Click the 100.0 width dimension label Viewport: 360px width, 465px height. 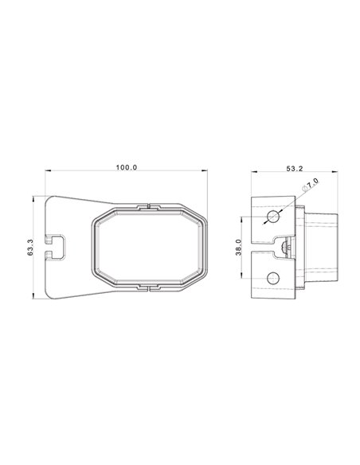tap(127, 167)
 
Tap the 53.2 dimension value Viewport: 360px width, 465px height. tap(294, 168)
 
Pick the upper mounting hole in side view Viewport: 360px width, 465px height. tap(274, 217)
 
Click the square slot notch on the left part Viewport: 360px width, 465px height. tap(57, 246)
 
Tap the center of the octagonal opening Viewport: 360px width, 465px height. tap(149, 246)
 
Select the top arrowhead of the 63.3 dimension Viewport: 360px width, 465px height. tap(34, 196)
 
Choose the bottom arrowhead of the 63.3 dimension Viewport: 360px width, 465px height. tap(34, 296)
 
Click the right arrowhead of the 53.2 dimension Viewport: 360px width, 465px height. tap(337, 171)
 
